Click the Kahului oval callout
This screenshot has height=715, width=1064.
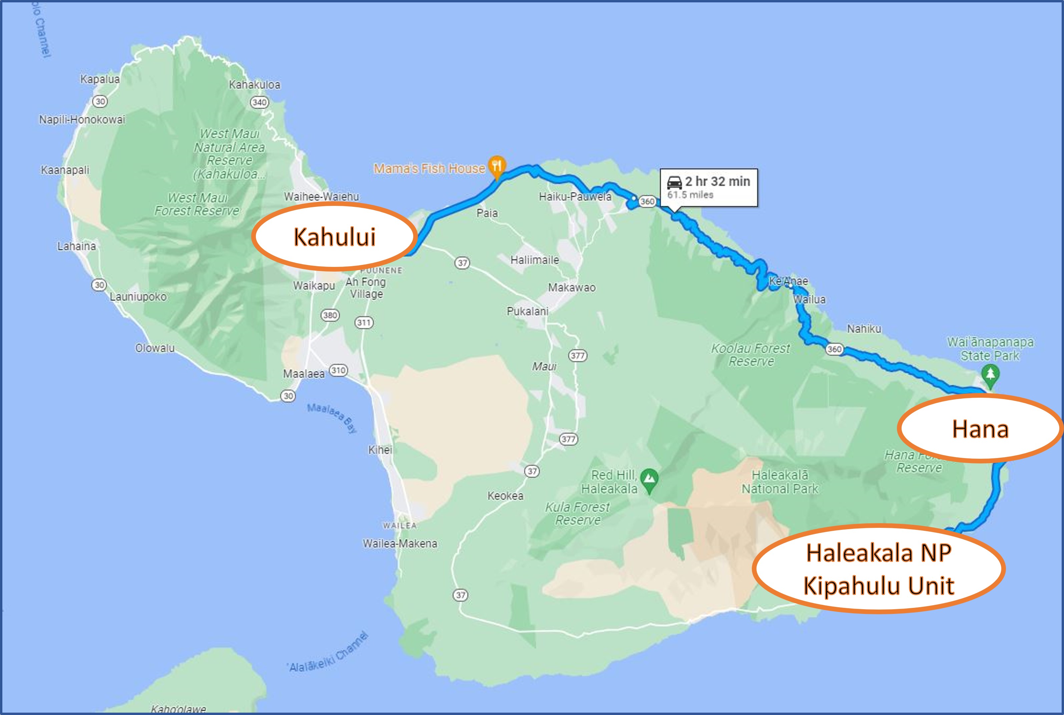(x=334, y=236)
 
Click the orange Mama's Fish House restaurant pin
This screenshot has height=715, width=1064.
(x=496, y=165)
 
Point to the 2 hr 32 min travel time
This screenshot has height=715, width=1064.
(x=717, y=182)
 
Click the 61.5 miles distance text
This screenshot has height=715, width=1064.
(x=690, y=195)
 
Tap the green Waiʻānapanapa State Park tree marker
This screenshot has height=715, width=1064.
(x=990, y=375)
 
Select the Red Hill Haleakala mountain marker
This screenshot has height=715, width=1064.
(x=649, y=479)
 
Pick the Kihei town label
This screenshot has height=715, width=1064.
(x=380, y=450)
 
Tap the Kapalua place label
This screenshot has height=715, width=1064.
(x=100, y=79)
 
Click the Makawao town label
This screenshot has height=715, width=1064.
(x=572, y=287)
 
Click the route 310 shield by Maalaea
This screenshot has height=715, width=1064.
(x=338, y=370)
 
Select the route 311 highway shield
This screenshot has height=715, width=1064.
(x=364, y=322)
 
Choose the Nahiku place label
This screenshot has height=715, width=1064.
(x=864, y=328)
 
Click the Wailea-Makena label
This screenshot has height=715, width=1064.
(x=400, y=544)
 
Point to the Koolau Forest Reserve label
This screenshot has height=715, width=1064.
(x=751, y=355)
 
